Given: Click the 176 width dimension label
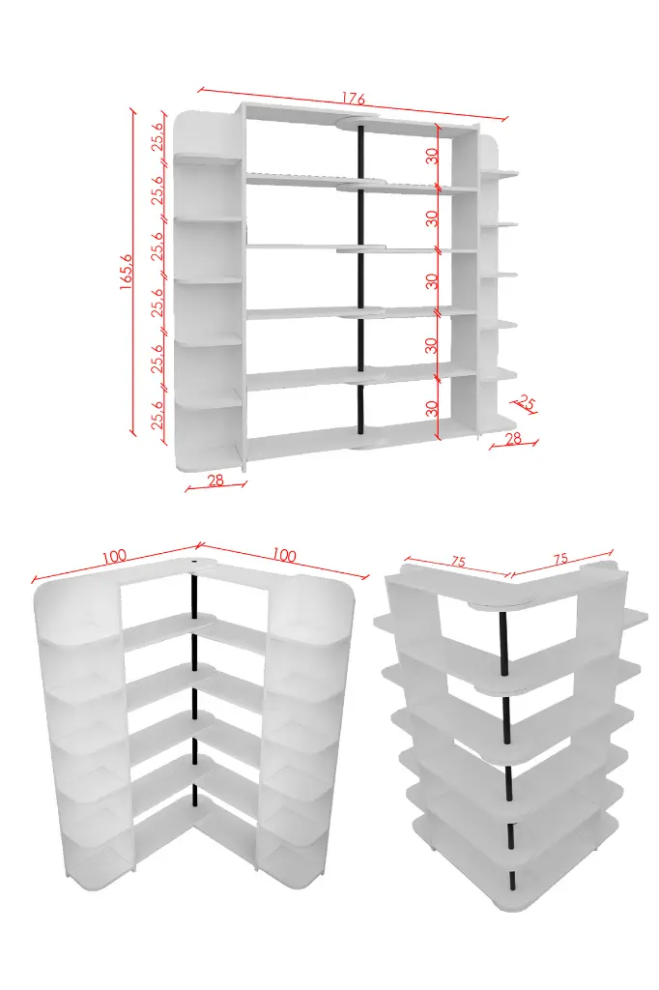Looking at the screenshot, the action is (354, 99).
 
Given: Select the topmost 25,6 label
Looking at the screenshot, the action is (158, 135).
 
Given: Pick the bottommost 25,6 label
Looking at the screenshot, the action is (158, 414).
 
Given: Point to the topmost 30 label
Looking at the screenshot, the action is (432, 156).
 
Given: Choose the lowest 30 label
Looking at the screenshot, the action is (432, 408).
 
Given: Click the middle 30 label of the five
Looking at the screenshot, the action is (432, 281).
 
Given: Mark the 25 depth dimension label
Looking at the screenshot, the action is (526, 402).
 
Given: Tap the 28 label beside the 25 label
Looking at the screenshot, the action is (513, 438).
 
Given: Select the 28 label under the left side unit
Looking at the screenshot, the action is (215, 480).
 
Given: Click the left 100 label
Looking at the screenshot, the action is (114, 556).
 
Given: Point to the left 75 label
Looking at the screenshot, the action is (459, 562).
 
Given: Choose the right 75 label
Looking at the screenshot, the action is (560, 559).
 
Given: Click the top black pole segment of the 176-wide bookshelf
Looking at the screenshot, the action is (360, 154).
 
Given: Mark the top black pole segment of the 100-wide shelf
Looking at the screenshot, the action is (195, 593).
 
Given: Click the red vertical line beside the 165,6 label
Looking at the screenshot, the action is (133, 272).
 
